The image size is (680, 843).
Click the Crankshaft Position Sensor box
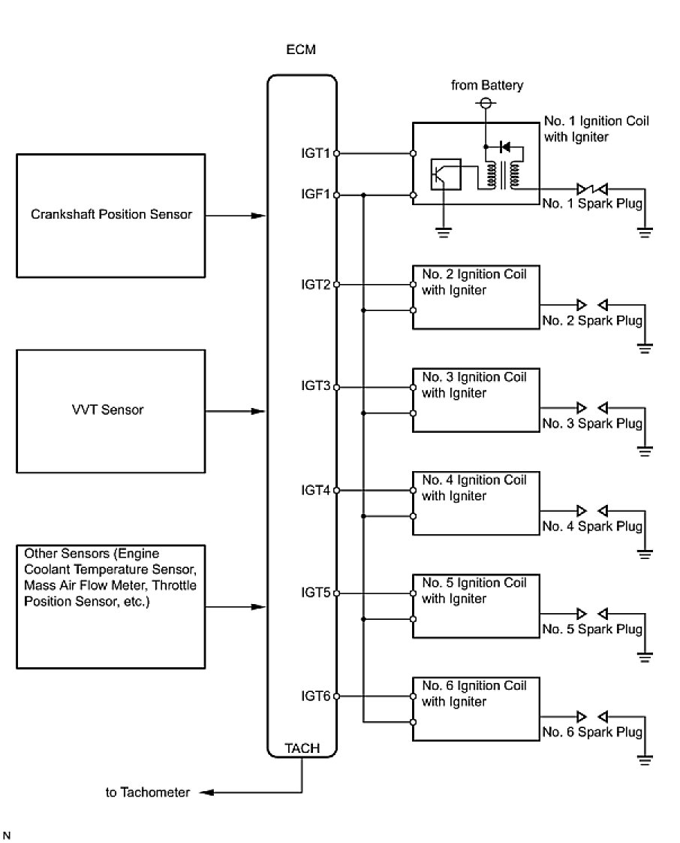coord(110,214)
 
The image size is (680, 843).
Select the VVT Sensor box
coord(110,410)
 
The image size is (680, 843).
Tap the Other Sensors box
coord(110,606)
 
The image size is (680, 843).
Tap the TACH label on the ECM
coord(302,748)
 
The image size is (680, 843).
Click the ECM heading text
coord(302,50)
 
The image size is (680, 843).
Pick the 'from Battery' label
coord(487,85)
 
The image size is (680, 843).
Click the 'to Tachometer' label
coord(148,792)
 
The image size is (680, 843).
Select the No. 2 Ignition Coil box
coord(475,296)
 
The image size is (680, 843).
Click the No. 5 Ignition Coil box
coord(475,605)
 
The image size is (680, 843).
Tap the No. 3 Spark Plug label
coord(592,424)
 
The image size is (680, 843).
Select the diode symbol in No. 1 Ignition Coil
coord(505,146)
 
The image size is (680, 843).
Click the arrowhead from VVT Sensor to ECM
coord(259,412)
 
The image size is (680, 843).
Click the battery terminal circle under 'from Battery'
coord(486,102)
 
